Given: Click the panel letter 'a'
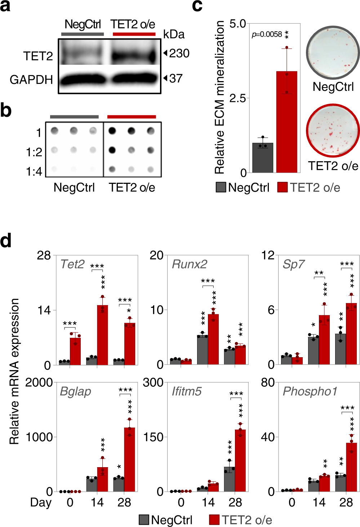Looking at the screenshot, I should pos(5,6).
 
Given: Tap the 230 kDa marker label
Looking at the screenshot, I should pos(179,53).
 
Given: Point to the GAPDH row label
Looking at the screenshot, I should pos(31,80).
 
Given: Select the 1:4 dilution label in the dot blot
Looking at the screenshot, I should pos(34,171).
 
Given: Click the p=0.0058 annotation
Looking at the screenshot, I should pos(267,34).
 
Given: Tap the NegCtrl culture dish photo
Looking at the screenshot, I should pos(333,53).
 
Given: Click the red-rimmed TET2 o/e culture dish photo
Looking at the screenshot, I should pos(333,130).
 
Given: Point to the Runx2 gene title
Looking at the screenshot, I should pos(190,264).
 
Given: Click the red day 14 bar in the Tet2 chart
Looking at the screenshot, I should pos(102,335).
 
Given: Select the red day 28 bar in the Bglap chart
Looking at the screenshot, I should pos(129,459).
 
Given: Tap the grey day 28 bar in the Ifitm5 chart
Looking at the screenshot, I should pos(229,479).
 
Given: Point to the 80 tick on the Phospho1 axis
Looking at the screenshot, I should pos(268,382).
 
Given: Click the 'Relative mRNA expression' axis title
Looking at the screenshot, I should pos(14,371).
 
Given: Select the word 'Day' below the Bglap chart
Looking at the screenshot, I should pos(41,502).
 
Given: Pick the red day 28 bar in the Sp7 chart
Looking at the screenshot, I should pos(351,334).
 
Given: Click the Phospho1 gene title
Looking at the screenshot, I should pos(310,391).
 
